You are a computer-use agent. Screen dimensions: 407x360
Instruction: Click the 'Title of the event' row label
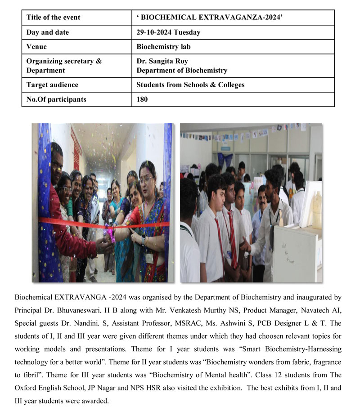(x=53, y=18)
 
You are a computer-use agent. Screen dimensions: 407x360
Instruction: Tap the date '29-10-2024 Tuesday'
(x=168, y=32)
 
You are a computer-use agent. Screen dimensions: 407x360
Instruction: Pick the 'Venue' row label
(x=36, y=47)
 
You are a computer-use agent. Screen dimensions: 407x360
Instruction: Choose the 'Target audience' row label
(x=52, y=85)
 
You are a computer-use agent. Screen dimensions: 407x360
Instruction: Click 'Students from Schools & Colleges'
(x=191, y=85)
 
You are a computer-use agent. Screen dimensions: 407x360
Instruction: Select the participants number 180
(x=142, y=99)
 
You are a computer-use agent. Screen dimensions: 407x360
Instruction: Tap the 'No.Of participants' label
(x=56, y=99)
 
